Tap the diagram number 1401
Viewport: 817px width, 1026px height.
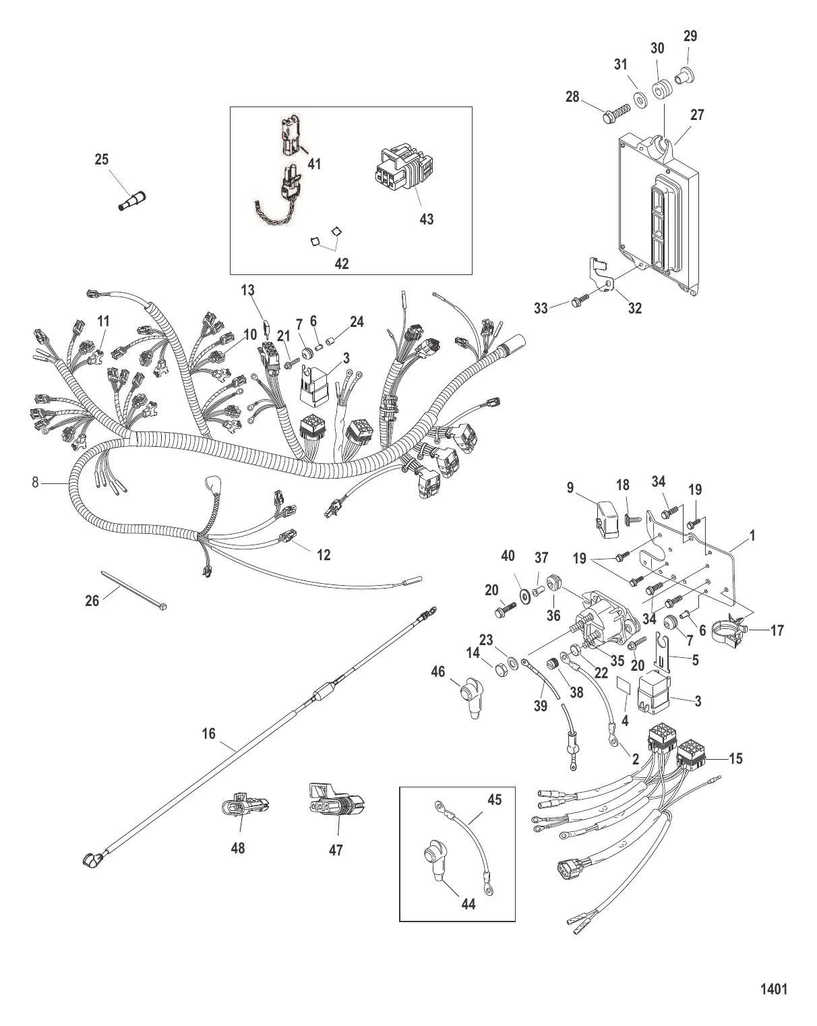774,990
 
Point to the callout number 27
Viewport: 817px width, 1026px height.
697,115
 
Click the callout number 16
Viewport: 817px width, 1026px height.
209,733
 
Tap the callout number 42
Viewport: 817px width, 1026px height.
342,264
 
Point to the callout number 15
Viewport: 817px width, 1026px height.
735,758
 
